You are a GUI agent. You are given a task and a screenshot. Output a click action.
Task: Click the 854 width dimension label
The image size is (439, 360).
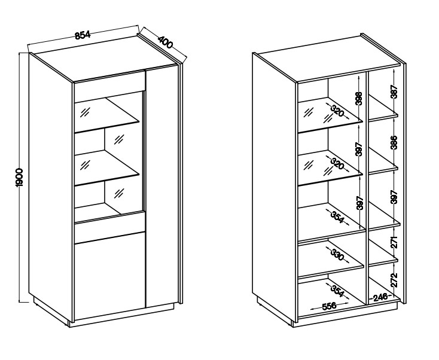[83, 35]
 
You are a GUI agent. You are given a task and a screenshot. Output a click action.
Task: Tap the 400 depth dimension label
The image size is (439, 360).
[166, 42]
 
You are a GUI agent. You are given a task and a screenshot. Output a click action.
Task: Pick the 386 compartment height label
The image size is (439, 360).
[394, 142]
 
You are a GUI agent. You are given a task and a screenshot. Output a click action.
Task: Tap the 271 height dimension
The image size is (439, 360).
[394, 242]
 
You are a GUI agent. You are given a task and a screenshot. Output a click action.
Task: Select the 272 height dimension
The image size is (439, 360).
[394, 280]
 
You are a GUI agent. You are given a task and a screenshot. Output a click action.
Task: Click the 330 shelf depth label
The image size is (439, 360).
[337, 255]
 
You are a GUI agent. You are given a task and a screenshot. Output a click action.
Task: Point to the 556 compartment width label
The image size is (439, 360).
[329, 306]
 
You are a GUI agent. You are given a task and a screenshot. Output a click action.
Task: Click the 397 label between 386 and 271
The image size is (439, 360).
[394, 197]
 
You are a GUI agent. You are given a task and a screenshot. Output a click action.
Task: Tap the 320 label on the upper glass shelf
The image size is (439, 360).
[337, 111]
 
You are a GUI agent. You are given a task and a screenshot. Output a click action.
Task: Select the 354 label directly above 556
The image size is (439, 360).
[337, 291]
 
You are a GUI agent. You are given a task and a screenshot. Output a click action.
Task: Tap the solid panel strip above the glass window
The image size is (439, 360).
[109, 81]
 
